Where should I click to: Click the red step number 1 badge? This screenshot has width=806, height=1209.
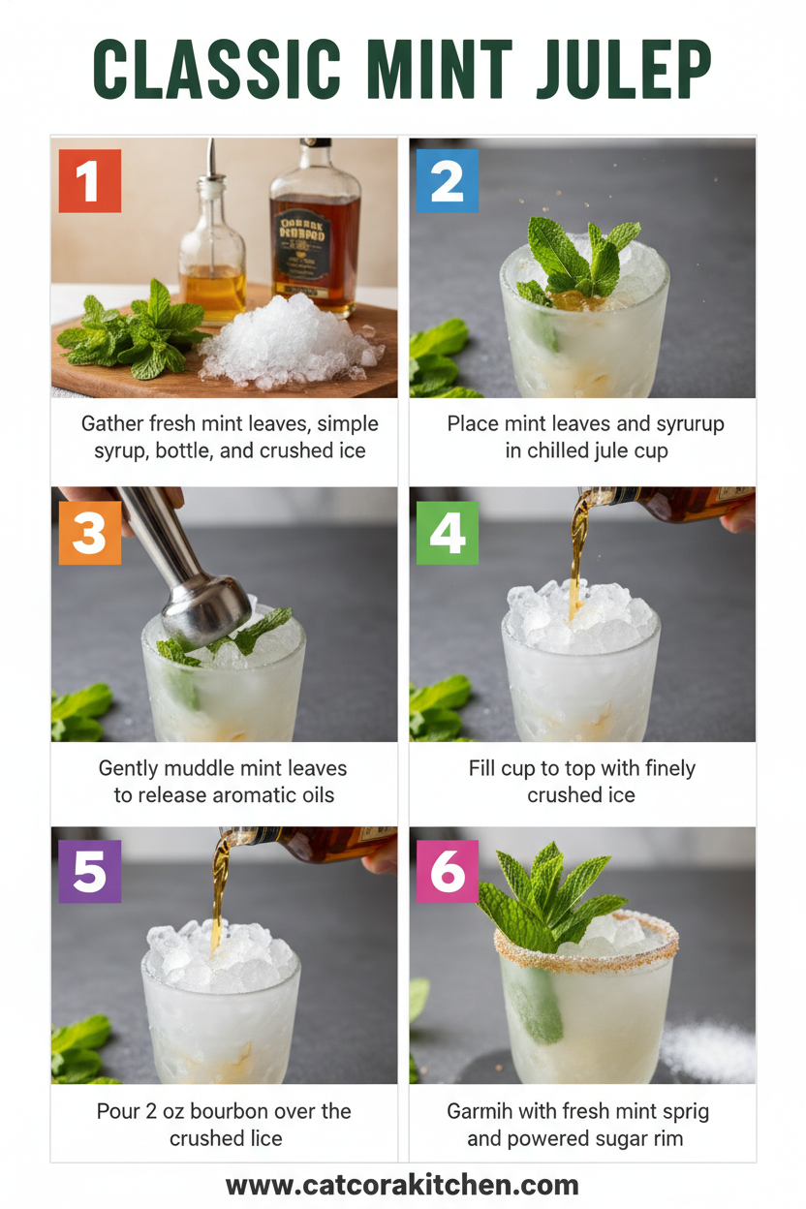pos(89,181)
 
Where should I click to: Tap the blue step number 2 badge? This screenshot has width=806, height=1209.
pos(447,181)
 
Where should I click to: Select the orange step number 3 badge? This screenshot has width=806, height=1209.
pos(89,533)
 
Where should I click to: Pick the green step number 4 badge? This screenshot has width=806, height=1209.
pos(447,533)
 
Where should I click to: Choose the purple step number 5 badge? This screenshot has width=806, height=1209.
pos(89,871)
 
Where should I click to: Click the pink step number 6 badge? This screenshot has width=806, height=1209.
pos(447,871)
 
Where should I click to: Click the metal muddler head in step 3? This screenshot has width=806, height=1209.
pos(204,604)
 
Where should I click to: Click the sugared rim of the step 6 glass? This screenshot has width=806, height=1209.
pos(586,954)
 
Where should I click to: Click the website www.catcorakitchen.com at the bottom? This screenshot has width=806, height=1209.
pos(402,1185)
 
